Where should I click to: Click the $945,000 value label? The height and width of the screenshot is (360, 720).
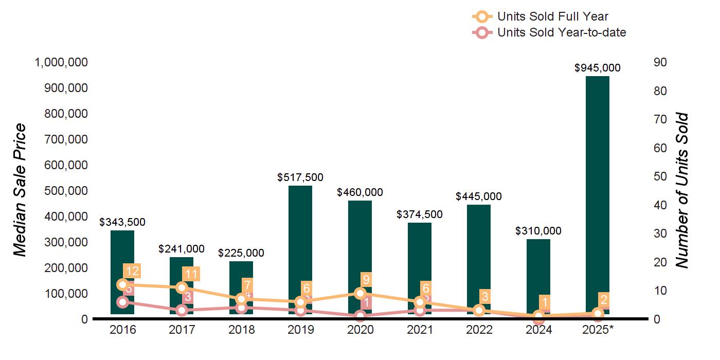click(x=597, y=68)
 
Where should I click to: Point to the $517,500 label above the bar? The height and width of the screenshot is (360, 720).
click(x=300, y=177)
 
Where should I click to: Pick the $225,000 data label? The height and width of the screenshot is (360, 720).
click(x=241, y=253)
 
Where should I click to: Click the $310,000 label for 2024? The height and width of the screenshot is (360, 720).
click(x=538, y=231)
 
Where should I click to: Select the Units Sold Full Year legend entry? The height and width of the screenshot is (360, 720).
click(x=553, y=17)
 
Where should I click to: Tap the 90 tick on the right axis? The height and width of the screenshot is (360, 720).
click(x=660, y=62)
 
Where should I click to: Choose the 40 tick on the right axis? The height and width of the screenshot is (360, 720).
click(x=660, y=205)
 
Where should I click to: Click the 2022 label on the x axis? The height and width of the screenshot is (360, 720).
click(x=479, y=330)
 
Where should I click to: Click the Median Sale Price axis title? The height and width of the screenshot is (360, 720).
click(x=20, y=190)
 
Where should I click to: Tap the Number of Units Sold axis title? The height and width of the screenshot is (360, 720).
click(x=681, y=190)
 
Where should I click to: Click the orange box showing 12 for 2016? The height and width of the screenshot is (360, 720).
click(x=131, y=271)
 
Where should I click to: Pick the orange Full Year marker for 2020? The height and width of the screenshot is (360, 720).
click(x=360, y=293)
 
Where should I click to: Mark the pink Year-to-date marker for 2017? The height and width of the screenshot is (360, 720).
click(x=182, y=310)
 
